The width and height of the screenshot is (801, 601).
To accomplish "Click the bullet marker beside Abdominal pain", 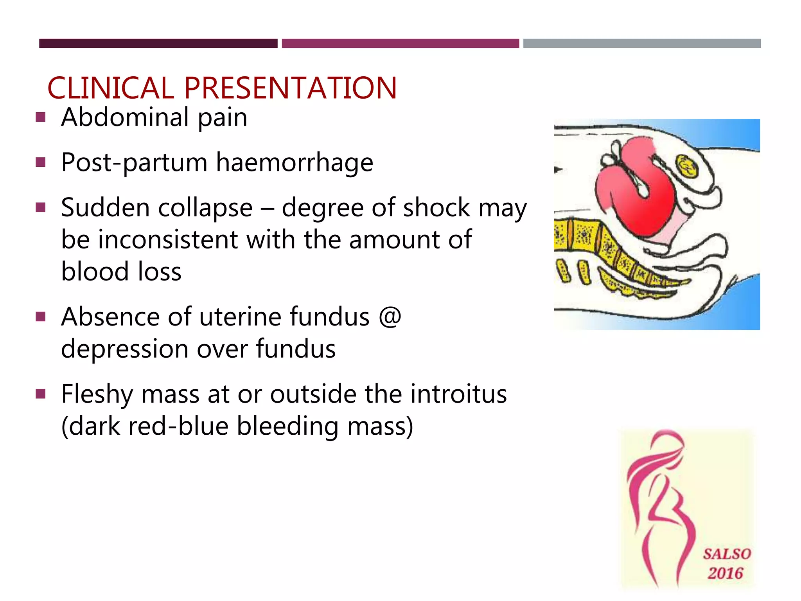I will (41, 117).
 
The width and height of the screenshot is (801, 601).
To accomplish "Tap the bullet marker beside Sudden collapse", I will (41, 207).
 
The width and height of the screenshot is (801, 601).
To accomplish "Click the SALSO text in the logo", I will (727, 554).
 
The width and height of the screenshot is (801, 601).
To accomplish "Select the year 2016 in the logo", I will (725, 574).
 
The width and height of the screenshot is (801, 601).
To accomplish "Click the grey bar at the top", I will (642, 43).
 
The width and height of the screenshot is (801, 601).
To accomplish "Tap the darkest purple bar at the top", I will (158, 43).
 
